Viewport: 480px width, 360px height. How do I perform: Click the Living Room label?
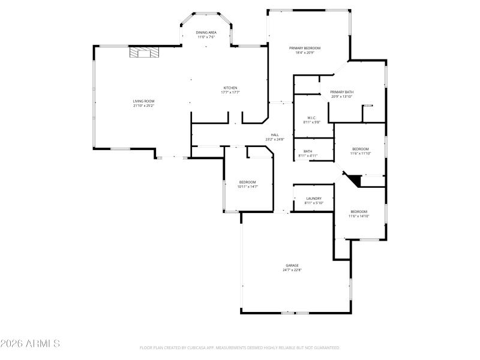[x=143, y=101]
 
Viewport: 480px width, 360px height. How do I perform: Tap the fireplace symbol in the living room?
[x=145, y=53]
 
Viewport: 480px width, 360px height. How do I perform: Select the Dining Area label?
[x=206, y=32]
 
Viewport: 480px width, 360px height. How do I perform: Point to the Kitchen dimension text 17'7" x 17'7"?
[x=230, y=92]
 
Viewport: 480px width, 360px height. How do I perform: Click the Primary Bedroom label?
[x=305, y=48]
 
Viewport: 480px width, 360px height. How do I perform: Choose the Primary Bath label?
[x=341, y=92]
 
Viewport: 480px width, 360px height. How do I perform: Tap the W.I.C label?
[x=312, y=118]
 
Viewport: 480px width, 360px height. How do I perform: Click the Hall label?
[x=275, y=135]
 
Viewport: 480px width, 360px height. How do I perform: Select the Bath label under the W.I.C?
[x=308, y=151]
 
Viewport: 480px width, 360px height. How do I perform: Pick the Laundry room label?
[x=314, y=199]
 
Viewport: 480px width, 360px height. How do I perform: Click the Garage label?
[x=292, y=265]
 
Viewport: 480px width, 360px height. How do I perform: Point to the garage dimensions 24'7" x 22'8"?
[x=292, y=270]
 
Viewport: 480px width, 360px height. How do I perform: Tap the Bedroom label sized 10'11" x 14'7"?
[x=248, y=182]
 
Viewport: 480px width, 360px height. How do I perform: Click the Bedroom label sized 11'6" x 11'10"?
[x=360, y=149]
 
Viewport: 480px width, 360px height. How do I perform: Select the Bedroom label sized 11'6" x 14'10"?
[x=359, y=211]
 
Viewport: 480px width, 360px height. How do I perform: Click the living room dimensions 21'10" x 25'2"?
[x=143, y=106]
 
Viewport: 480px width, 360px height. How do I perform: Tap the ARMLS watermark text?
[x=30, y=344]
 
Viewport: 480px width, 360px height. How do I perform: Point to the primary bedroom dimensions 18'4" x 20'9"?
[x=305, y=53]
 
